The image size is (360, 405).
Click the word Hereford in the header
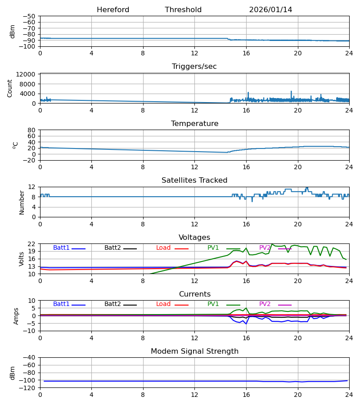coord(113,10)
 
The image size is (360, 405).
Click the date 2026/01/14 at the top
coord(270,10)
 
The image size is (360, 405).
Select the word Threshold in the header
coord(183,10)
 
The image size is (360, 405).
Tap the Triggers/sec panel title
coord(194,67)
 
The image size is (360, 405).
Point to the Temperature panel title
coord(194,124)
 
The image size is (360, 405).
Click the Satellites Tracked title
coord(194,180)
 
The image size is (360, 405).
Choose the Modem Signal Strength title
coord(194,351)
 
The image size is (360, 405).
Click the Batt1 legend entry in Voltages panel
coord(62,248)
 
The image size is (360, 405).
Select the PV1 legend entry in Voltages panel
coord(213,248)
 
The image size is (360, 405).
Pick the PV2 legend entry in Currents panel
coord(265,304)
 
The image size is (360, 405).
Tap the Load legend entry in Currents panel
coord(163,304)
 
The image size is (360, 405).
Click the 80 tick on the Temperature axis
coord(32,130)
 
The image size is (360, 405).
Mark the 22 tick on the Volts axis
coord(32,244)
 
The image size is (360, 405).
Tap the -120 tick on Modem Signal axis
coord(28,388)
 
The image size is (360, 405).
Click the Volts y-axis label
coord(22,259)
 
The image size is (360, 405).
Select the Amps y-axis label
coord(16,316)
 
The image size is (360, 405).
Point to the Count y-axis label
coord(10,88)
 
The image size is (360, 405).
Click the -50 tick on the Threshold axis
coord(30,16)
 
